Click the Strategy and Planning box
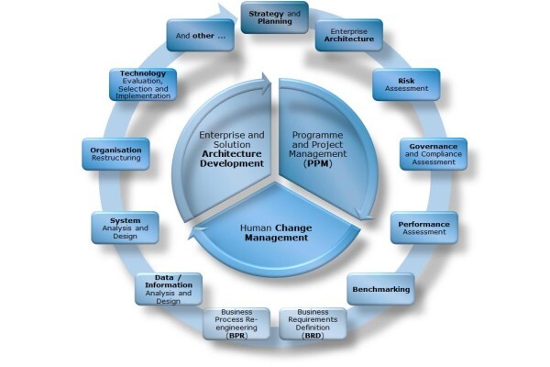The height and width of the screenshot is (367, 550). (275, 17)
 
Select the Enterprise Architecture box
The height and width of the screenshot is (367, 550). (348, 35)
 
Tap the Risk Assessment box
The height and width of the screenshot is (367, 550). (406, 84)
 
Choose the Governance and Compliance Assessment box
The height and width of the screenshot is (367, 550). (434, 154)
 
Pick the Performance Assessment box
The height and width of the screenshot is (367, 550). (424, 228)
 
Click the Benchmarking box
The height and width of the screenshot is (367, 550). (381, 289)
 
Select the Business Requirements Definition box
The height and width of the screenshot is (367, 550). (313, 324)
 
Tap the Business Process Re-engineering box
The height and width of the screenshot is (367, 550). (236, 324)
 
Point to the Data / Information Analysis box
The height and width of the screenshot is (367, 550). (169, 289)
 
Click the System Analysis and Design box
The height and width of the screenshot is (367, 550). (126, 228)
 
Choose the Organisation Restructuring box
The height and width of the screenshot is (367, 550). (115, 154)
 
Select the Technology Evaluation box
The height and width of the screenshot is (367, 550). (143, 84)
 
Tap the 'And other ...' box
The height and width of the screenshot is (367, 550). (200, 35)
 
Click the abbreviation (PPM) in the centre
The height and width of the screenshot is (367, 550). (318, 163)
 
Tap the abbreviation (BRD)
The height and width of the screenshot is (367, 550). (313, 336)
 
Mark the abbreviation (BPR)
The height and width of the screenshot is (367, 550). (236, 336)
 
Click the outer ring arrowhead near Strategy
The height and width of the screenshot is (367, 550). (228, 13)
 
